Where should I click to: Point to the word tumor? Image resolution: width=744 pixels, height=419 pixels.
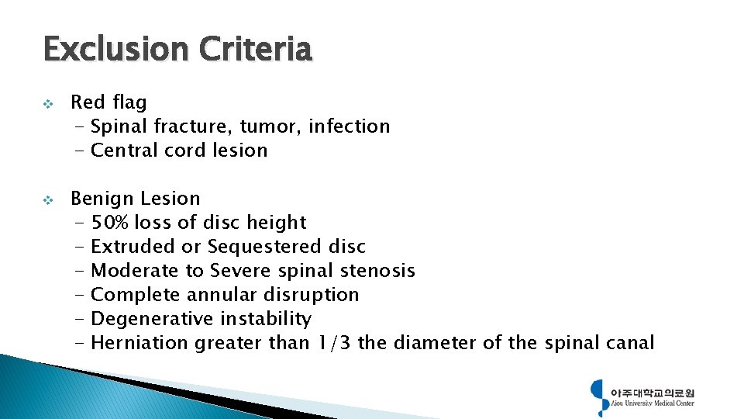(270, 126)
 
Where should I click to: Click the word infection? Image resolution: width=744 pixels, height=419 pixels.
(349, 126)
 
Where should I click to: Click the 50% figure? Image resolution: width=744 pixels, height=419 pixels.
(110, 223)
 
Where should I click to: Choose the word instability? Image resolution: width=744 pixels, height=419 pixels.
(266, 319)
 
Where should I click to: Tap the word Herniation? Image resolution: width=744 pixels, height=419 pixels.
(139, 343)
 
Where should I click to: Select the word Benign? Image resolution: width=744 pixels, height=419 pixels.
(102, 199)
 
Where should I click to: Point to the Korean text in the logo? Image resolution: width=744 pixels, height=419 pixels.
(653, 392)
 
